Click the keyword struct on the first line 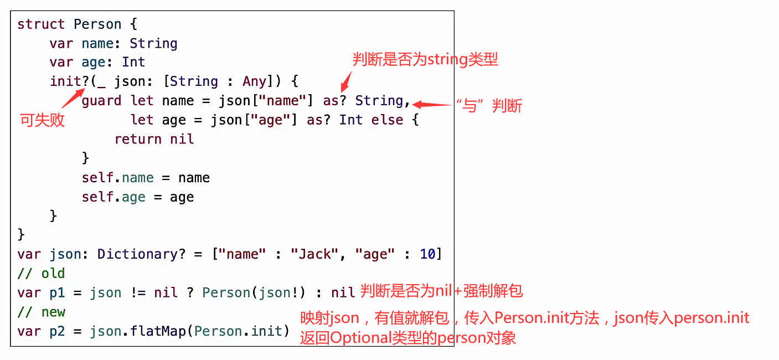tap(41, 24)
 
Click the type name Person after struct tap(97, 24)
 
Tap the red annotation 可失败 tap(43, 120)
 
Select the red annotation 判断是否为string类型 tap(425, 59)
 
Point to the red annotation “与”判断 tap(488, 106)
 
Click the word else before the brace tap(387, 120)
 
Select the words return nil tap(154, 139)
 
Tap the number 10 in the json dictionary tap(427, 254)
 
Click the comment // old tap(41, 274)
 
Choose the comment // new tap(41, 312)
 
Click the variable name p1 tap(57, 293)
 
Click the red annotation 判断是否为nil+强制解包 tap(442, 291)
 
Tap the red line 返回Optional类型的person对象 tap(408, 338)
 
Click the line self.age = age tap(138, 197)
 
